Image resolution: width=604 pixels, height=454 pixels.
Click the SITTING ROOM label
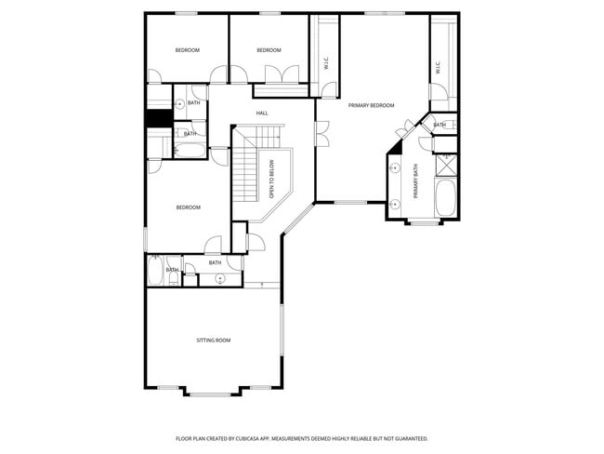pos(213,340)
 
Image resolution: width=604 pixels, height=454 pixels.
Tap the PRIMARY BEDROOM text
pos(371,106)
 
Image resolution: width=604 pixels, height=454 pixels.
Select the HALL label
pos(262,113)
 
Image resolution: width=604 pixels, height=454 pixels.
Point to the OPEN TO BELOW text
pos(271,180)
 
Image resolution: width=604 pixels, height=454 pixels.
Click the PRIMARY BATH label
pos(416,181)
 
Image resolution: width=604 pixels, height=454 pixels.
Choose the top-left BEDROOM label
pos(187,50)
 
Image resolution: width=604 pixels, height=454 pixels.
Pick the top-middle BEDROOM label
pos(269,50)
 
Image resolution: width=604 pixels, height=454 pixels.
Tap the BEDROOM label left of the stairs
pos(188,207)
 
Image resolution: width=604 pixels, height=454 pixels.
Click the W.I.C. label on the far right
pos(437,67)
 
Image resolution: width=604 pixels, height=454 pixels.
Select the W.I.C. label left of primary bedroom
pos(325,63)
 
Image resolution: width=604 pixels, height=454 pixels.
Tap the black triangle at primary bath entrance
pos(396,145)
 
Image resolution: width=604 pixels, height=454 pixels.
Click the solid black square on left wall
pos(154,119)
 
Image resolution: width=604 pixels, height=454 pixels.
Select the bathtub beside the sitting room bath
pos(156,271)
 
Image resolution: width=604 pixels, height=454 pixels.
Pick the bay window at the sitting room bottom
pos(213,390)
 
